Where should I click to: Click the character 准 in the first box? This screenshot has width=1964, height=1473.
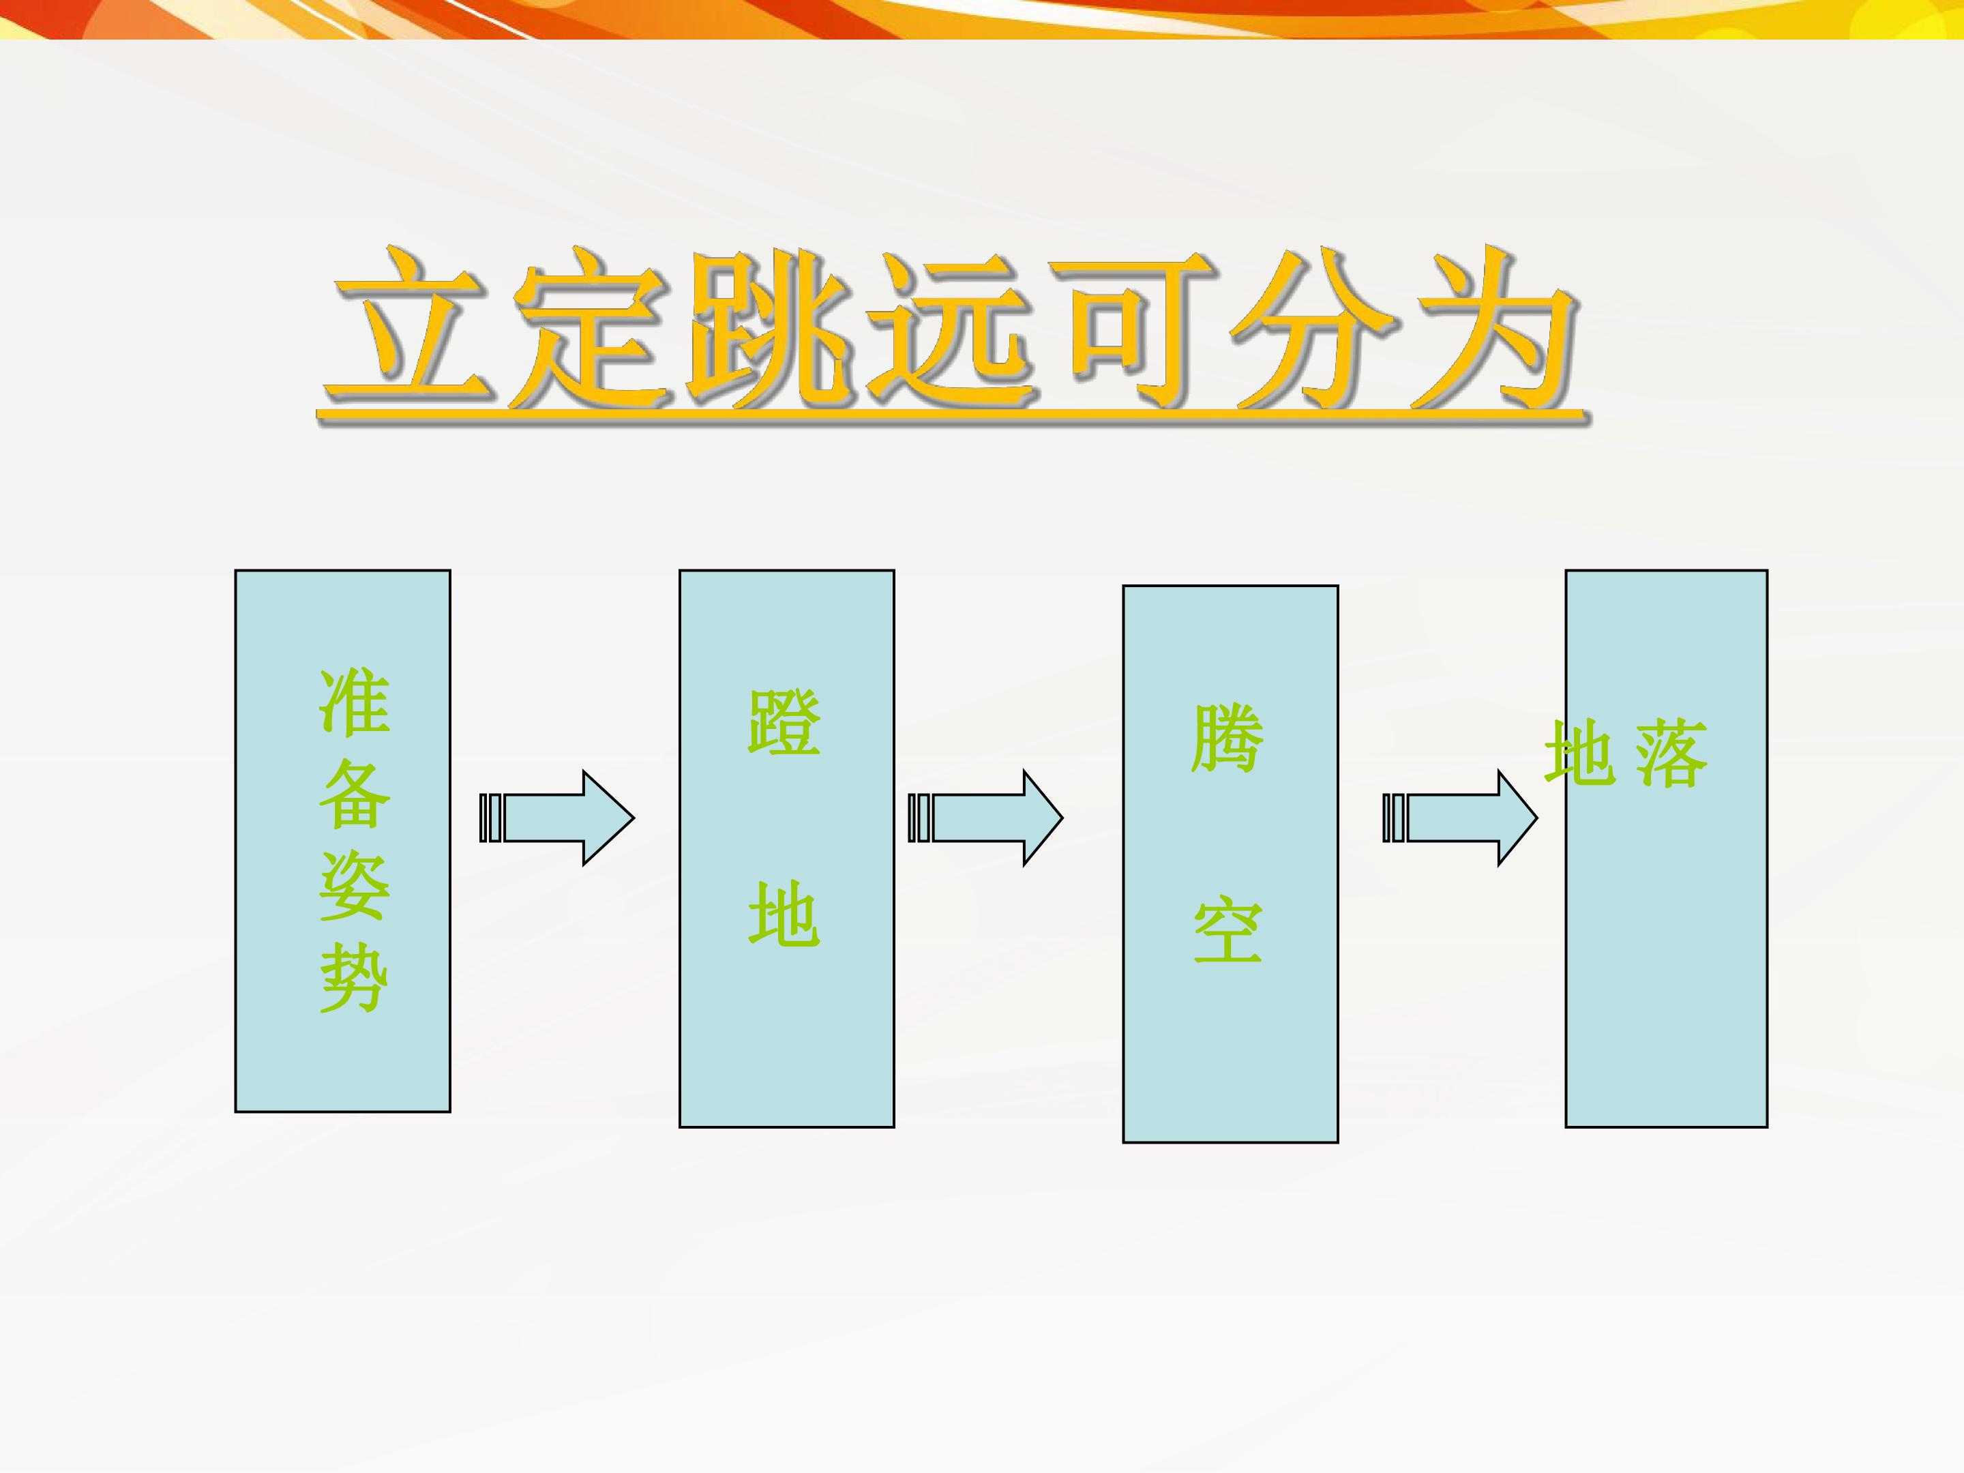[x=354, y=702]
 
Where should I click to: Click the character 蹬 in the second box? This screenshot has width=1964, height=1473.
[x=784, y=723]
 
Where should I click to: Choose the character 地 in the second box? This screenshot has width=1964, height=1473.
[x=784, y=914]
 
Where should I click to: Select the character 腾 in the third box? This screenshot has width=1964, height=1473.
[x=1227, y=739]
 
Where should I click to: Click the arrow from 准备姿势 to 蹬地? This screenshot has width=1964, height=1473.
[x=556, y=818]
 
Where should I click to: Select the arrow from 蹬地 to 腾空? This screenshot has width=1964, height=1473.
[x=985, y=818]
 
